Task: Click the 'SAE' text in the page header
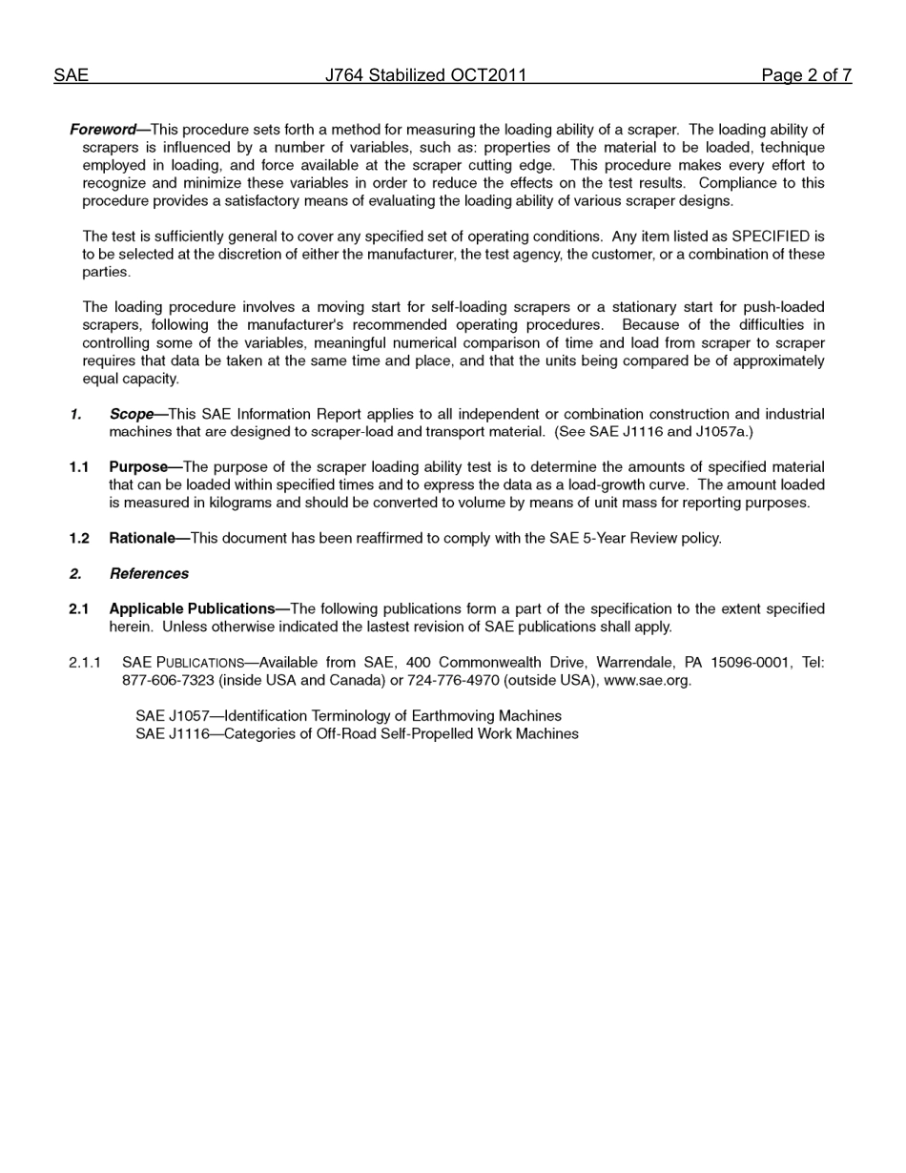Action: pos(71,75)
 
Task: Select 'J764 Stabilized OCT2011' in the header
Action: pos(425,75)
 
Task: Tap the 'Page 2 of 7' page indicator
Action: pos(806,75)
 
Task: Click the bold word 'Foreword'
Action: pos(102,130)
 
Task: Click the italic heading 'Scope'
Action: pos(131,415)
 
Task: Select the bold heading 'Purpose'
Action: pos(137,467)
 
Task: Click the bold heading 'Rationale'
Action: pos(141,539)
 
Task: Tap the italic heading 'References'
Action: pos(149,574)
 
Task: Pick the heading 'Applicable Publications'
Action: pos(192,609)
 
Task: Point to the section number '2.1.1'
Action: pos(84,663)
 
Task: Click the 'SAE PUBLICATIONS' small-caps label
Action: pos(183,663)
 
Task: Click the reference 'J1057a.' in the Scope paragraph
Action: pos(727,432)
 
